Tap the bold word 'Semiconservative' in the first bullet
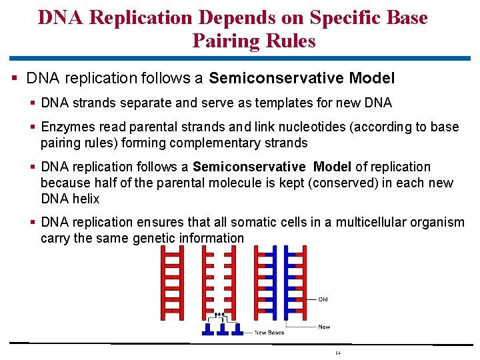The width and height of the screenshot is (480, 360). click(x=276, y=79)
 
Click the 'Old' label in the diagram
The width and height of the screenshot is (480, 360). click(x=323, y=299)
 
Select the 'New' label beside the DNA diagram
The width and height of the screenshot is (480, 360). click(x=324, y=327)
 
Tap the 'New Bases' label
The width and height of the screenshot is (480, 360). click(x=270, y=333)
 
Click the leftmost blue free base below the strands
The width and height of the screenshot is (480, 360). click(x=207, y=329)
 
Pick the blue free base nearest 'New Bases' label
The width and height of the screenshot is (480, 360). click(x=238, y=329)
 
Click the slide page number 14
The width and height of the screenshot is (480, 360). click(x=338, y=353)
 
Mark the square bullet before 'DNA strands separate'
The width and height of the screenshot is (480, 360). click(x=33, y=103)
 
